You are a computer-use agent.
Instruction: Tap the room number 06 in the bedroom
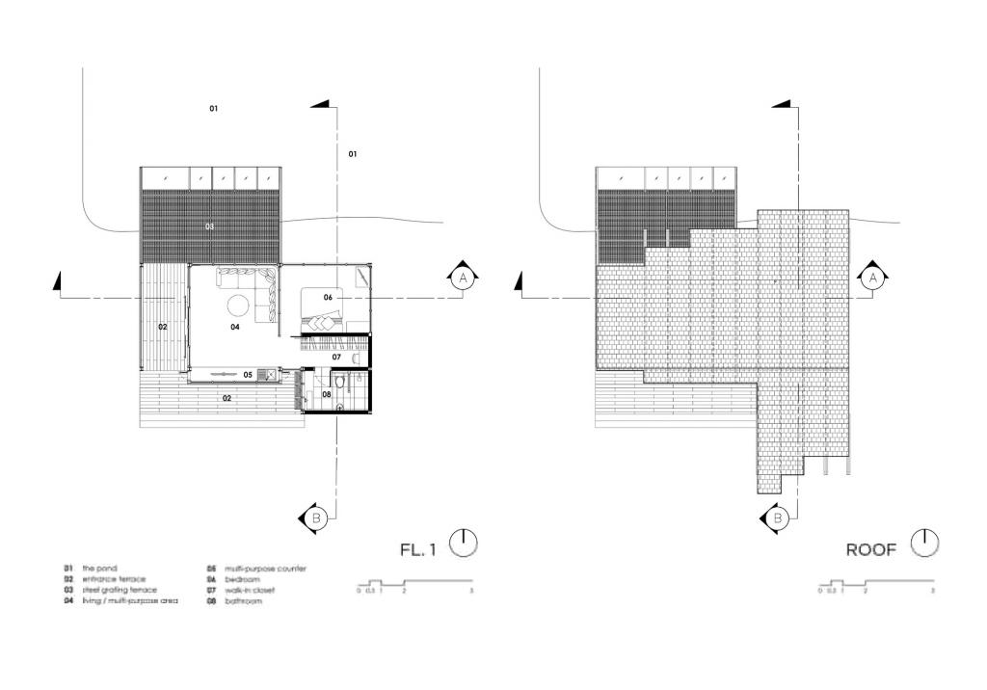pyautogui.click(x=328, y=298)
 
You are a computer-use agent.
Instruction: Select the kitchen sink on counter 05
pyautogui.click(x=270, y=374)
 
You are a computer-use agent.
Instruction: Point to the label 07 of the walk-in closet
pyautogui.click(x=336, y=357)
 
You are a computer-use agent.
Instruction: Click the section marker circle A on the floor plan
pyautogui.click(x=462, y=278)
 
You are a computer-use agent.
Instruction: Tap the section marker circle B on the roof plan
pyautogui.click(x=777, y=518)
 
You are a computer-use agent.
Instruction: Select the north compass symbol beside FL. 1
pyautogui.click(x=465, y=543)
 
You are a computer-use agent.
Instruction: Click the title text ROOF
pyautogui.click(x=871, y=550)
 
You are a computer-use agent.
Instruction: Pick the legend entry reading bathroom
pyautogui.click(x=242, y=601)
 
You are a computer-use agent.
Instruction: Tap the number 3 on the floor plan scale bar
pyautogui.click(x=471, y=590)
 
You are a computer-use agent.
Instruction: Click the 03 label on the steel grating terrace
pyautogui.click(x=209, y=226)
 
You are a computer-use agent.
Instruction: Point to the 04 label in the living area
pyautogui.click(x=234, y=328)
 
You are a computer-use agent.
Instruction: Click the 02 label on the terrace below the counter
pyautogui.click(x=227, y=397)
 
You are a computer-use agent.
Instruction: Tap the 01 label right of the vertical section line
pyautogui.click(x=353, y=154)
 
